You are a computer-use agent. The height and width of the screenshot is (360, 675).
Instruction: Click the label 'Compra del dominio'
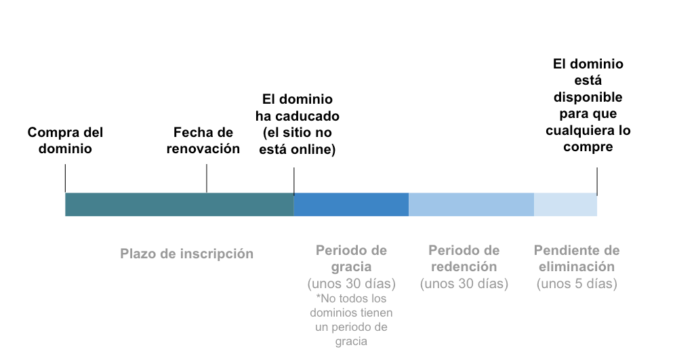[x=65, y=140]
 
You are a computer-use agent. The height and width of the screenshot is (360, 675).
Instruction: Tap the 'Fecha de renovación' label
[x=203, y=140]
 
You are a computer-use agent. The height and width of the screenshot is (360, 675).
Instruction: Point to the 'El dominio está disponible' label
[x=588, y=105]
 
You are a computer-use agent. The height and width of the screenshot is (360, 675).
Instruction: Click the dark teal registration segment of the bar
[x=179, y=205]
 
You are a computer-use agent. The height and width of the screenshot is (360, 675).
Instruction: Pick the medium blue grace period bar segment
[x=350, y=205]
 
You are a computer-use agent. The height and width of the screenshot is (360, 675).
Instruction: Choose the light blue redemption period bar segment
[x=471, y=205]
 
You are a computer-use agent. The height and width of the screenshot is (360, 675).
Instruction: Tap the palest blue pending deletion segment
[x=565, y=205]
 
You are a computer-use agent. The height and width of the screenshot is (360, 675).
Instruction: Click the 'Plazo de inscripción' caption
[x=186, y=254]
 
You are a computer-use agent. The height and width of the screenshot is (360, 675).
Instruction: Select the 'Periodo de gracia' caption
[x=351, y=258]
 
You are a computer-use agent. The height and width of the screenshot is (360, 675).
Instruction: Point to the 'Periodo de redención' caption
[x=464, y=258]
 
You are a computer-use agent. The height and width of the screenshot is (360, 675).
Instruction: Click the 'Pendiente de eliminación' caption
[x=577, y=258]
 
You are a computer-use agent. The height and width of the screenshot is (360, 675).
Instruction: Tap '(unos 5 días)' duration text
[x=577, y=284]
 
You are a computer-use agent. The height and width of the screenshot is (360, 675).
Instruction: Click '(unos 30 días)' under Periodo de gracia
[x=351, y=283]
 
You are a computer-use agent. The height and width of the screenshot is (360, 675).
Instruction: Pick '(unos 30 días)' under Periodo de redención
[x=464, y=284]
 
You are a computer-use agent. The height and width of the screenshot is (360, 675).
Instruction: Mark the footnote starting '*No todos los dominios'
[x=351, y=320]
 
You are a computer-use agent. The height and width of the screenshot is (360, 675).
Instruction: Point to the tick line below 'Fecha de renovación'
[x=207, y=179]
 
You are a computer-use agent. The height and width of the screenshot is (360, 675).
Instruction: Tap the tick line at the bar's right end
[x=597, y=181]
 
